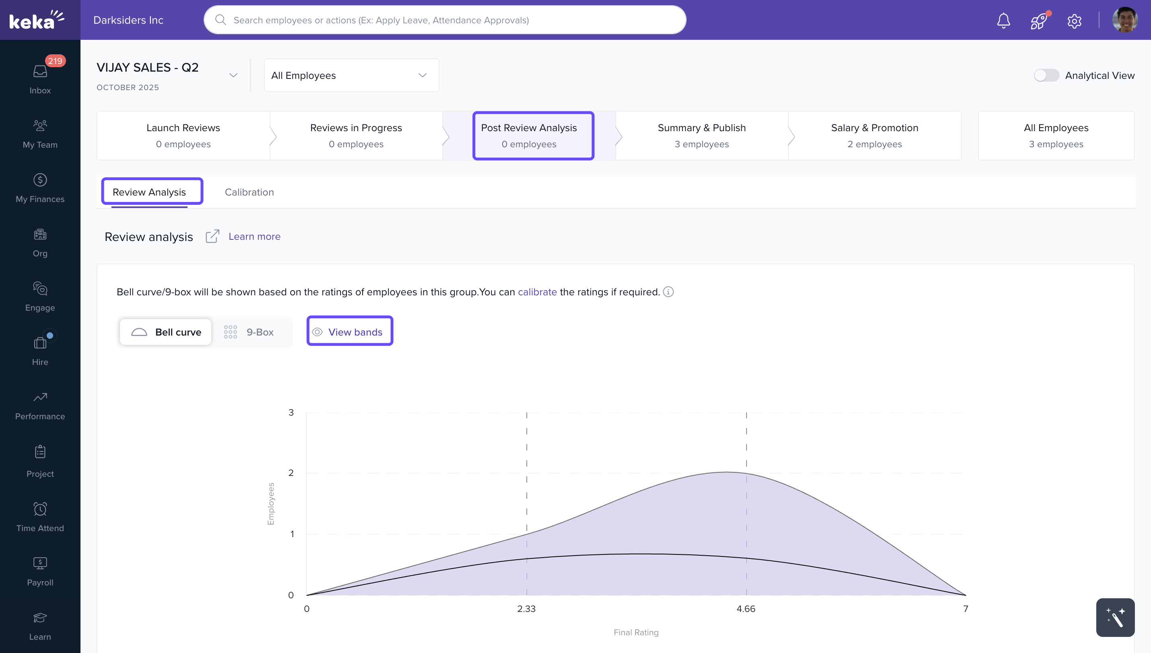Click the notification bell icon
(x=1003, y=21)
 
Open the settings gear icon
(x=1074, y=21)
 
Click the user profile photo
(x=1124, y=20)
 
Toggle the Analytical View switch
(x=1046, y=75)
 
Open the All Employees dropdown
(x=351, y=75)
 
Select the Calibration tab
(x=249, y=192)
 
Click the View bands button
(x=350, y=332)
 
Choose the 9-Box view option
(x=250, y=332)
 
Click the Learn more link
(x=254, y=236)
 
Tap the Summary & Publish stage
(x=701, y=136)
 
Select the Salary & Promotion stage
(x=874, y=136)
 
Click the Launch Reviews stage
(x=183, y=136)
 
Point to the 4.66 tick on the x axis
(x=746, y=609)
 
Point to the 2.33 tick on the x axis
(x=526, y=609)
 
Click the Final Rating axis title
(x=635, y=632)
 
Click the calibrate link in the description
(x=537, y=292)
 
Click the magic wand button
(x=1115, y=618)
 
